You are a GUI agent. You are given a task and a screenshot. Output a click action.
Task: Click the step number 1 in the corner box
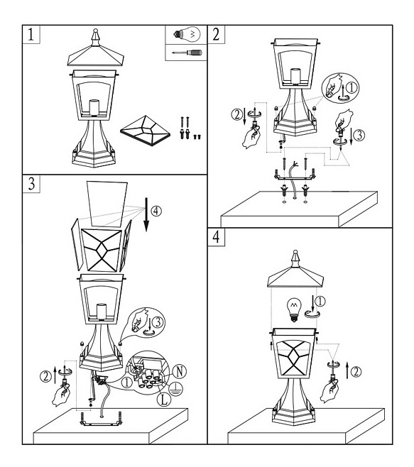click(31, 34)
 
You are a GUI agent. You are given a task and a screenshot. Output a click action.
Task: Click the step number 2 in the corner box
click(216, 34)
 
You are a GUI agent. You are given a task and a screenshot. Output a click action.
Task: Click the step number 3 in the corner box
click(31, 184)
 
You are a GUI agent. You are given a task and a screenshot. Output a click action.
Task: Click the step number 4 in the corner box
click(216, 237)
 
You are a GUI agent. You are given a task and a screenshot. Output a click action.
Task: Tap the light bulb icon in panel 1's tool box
click(187, 35)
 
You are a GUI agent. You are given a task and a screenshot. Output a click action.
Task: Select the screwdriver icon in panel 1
click(187, 53)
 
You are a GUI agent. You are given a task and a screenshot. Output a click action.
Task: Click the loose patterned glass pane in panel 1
click(146, 131)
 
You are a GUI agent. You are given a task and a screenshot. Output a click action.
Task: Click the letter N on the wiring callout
click(180, 372)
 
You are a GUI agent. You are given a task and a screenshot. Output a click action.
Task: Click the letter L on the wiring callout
click(164, 400)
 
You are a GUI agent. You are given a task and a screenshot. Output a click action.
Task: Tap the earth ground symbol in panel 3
click(175, 389)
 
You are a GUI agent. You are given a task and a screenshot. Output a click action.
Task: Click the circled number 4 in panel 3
click(156, 211)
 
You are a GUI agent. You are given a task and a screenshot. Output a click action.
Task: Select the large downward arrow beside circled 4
click(146, 214)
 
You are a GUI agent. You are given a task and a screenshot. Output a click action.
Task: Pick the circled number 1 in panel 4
click(320, 302)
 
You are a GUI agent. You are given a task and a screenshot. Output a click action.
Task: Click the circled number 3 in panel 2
click(359, 135)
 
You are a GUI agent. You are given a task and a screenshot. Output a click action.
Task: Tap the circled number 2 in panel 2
click(237, 115)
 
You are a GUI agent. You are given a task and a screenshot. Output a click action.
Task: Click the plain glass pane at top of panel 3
click(107, 204)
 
